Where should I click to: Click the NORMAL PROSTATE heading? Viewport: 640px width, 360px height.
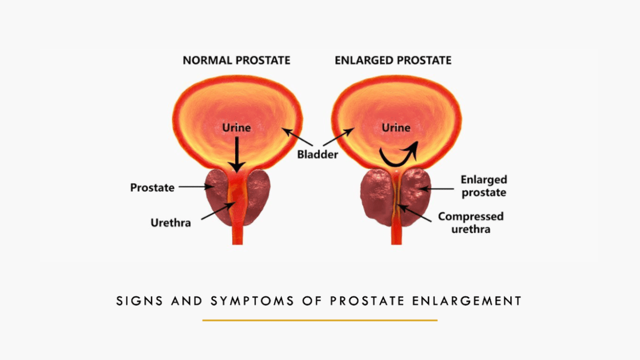[x=236, y=60]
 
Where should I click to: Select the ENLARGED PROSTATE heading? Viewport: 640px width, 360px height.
[x=393, y=60]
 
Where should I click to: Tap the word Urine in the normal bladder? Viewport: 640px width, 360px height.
[x=236, y=127]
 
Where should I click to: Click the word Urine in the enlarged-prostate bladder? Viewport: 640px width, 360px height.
[x=395, y=127]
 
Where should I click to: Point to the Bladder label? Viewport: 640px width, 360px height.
[x=317, y=154]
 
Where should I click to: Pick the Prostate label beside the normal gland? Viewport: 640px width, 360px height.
[x=152, y=188]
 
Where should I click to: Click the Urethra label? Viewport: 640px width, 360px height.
[x=171, y=223]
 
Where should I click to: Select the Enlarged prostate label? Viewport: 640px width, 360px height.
[x=484, y=186]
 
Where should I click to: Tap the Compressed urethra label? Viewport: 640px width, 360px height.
[x=470, y=222]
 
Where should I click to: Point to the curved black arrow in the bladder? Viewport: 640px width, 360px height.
[x=398, y=154]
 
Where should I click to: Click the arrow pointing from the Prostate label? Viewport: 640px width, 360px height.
[x=196, y=187]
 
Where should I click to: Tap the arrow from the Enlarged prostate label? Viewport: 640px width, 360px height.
[x=437, y=189]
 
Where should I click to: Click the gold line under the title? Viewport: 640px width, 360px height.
[x=319, y=320]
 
